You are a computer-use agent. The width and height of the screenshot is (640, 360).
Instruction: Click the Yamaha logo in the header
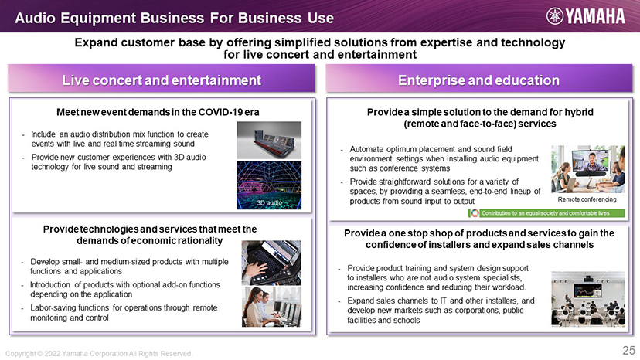(x=585, y=16)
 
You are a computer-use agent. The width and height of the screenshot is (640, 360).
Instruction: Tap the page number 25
(x=628, y=350)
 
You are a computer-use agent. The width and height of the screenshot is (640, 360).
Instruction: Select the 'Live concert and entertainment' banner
(x=162, y=80)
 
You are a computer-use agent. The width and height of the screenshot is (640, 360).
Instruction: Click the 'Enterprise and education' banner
(x=478, y=80)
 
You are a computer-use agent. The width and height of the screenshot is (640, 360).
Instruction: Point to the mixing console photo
(x=270, y=140)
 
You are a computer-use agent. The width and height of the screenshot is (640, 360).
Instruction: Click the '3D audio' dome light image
(x=270, y=185)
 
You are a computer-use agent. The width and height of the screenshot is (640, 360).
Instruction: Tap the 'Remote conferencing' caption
(x=587, y=199)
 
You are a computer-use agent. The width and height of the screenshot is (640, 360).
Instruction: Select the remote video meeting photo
(x=587, y=169)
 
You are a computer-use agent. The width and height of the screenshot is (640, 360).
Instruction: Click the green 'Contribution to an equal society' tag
(x=546, y=213)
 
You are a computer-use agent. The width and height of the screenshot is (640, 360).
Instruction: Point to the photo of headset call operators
(x=271, y=307)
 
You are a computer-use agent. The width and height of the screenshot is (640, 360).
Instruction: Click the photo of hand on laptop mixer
(x=271, y=263)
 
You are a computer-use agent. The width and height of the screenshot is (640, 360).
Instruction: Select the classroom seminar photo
(x=587, y=299)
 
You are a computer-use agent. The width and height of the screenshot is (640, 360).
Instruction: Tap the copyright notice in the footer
(x=98, y=354)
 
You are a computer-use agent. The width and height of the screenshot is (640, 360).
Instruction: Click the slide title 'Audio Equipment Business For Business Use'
(x=174, y=18)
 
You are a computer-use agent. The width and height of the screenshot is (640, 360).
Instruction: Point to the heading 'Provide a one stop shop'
(x=479, y=239)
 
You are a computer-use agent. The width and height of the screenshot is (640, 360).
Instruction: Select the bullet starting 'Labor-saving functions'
(x=124, y=313)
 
